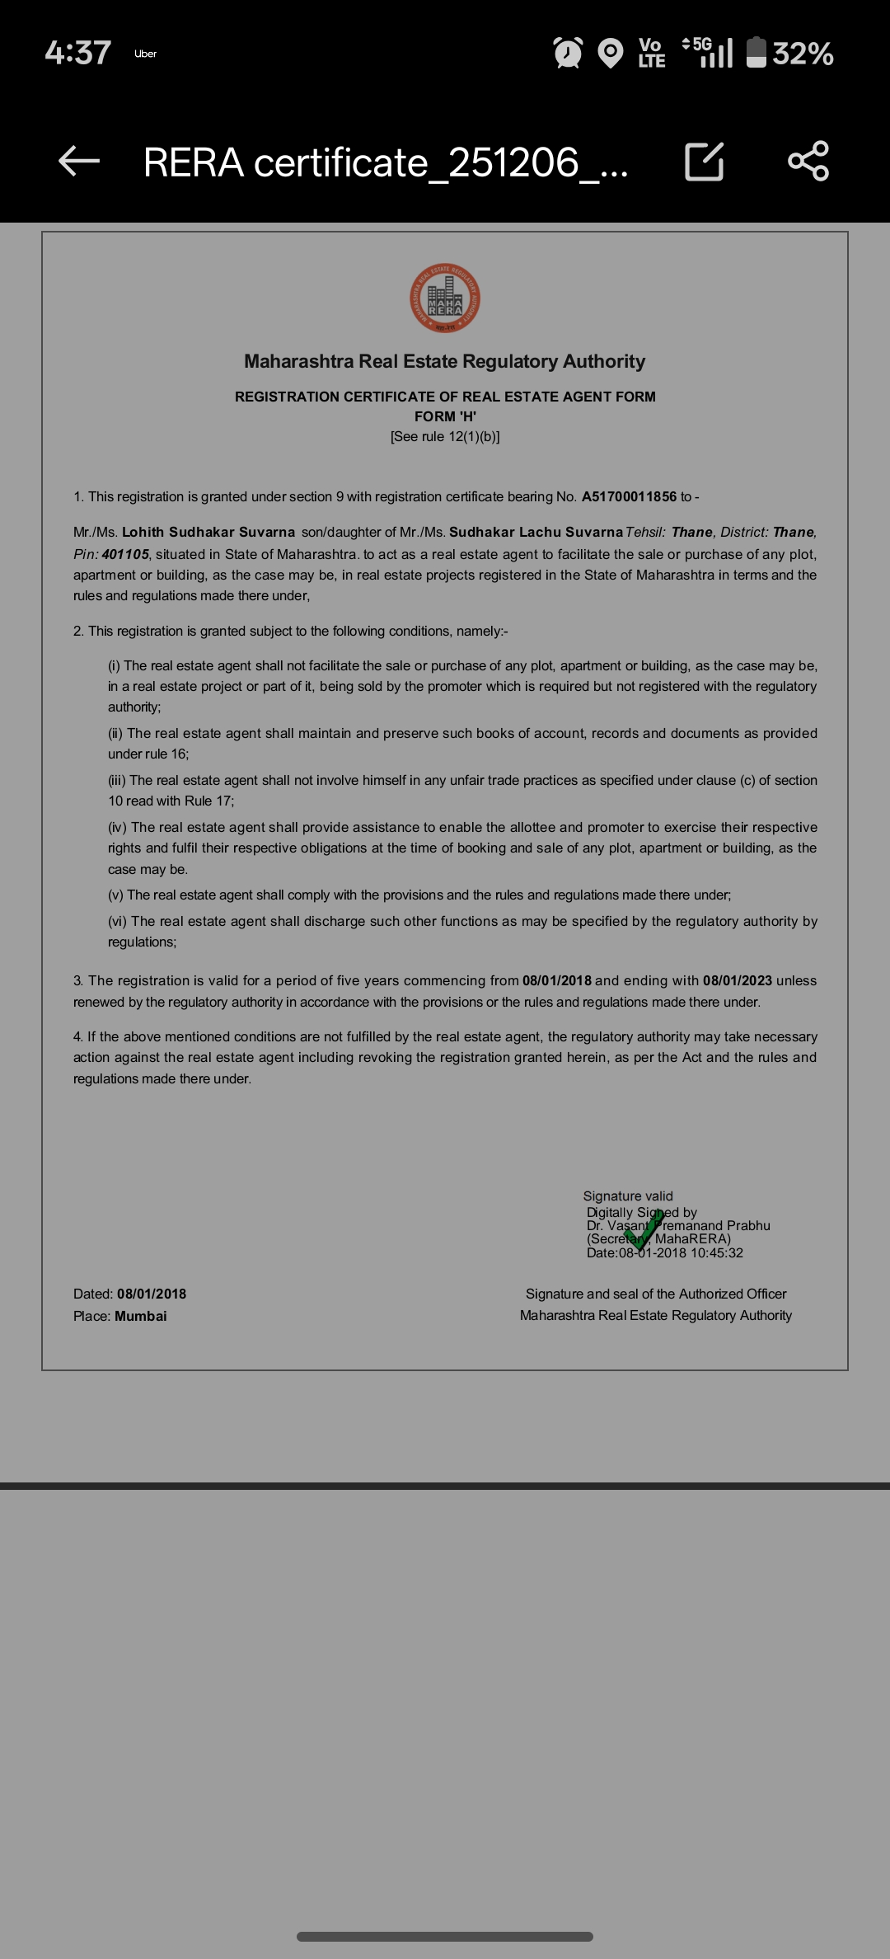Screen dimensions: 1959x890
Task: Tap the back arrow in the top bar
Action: (79, 161)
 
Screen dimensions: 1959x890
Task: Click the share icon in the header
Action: (808, 161)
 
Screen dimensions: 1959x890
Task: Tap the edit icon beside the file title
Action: (705, 162)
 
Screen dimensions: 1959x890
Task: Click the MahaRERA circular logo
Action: (445, 298)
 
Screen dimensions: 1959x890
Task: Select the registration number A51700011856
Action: (629, 496)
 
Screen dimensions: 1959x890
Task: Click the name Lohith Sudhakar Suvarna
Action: (208, 532)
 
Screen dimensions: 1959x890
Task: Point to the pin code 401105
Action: (125, 554)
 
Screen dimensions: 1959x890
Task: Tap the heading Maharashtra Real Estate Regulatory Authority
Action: (445, 361)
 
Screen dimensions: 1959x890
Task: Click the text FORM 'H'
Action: (445, 416)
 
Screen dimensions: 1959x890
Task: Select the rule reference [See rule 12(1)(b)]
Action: (445, 436)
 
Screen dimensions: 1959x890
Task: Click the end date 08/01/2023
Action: (738, 980)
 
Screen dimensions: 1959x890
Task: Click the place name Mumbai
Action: (141, 1316)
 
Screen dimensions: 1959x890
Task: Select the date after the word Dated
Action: (152, 1294)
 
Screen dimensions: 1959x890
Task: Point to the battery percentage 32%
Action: (803, 54)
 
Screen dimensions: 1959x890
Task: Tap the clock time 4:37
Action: (78, 54)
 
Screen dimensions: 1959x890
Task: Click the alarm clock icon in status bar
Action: (568, 54)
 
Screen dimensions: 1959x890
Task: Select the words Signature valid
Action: (628, 1196)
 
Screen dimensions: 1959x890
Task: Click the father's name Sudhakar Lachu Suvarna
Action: (536, 532)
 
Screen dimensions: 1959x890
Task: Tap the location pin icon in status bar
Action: (610, 54)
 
